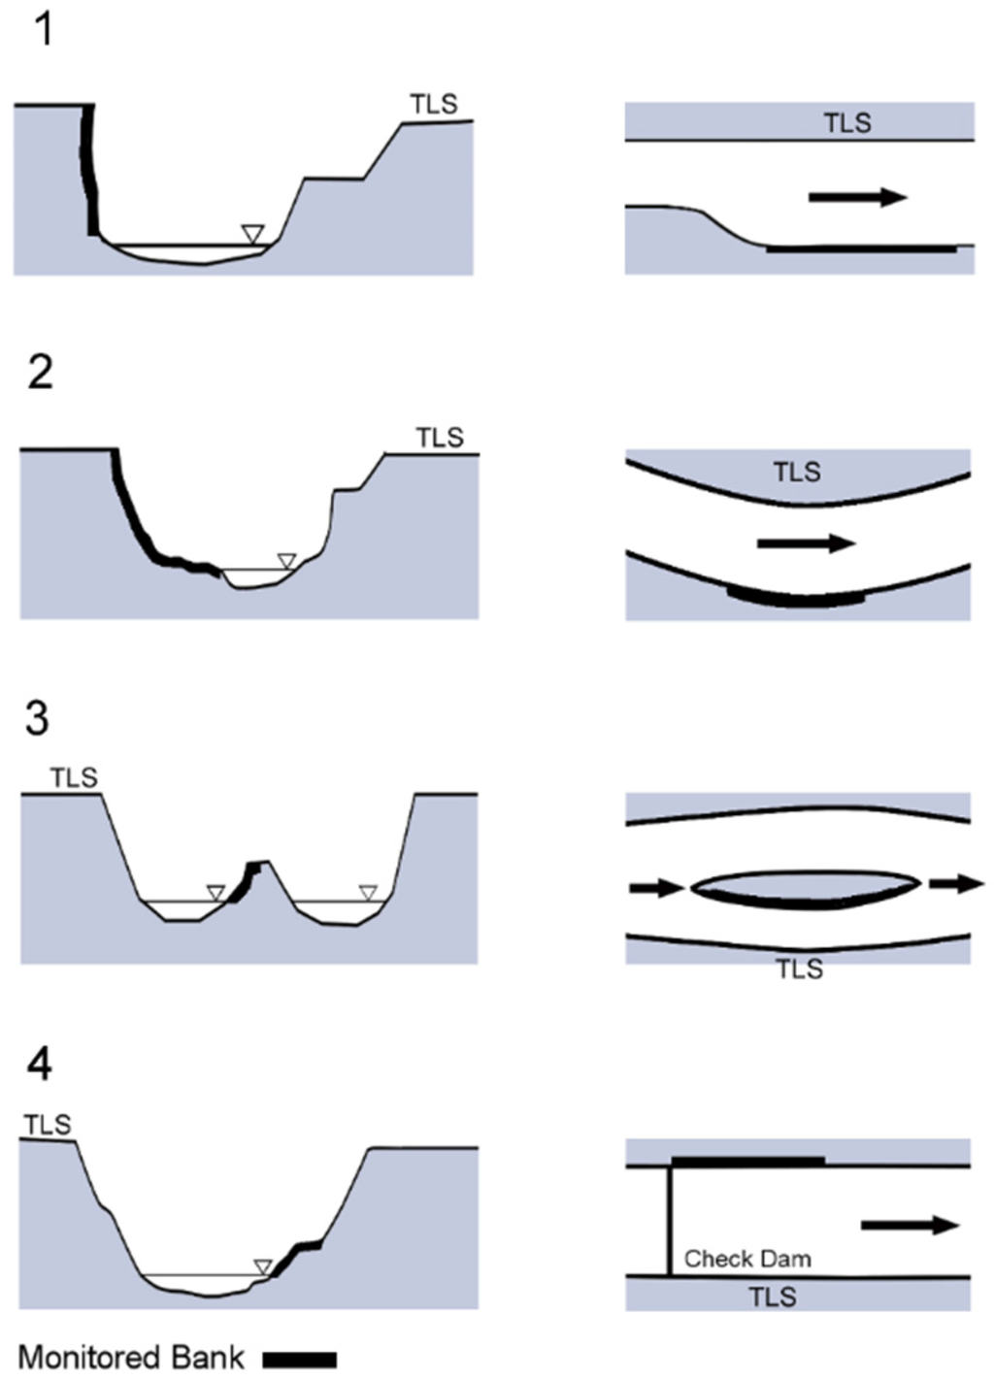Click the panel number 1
click(44, 31)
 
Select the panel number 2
click(40, 373)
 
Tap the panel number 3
click(37, 719)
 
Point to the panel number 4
click(39, 1065)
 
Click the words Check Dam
click(746, 1259)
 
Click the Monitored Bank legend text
click(131, 1357)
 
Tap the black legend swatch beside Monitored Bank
click(300, 1359)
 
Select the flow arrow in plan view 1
click(857, 197)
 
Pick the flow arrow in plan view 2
click(806, 543)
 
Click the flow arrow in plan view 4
click(910, 1226)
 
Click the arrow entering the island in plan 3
click(657, 887)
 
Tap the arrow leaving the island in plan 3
click(956, 883)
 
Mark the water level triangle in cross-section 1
click(252, 233)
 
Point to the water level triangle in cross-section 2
click(285, 560)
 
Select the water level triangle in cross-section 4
click(262, 1266)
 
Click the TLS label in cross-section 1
click(433, 104)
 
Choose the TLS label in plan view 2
click(797, 473)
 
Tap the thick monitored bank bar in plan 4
click(747, 1160)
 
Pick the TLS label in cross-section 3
click(74, 777)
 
